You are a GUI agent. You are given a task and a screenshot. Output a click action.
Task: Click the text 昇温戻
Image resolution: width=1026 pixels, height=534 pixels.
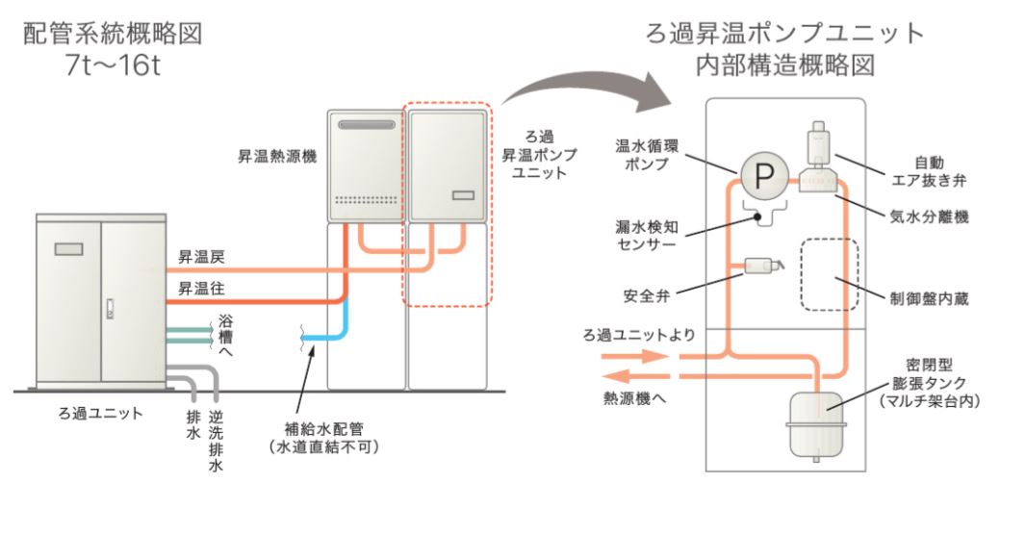[x=201, y=258]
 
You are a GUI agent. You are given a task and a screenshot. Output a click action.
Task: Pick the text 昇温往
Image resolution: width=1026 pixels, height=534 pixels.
[x=201, y=289]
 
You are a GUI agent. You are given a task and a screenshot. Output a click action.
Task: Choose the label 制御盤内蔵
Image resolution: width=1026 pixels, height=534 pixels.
[x=924, y=299]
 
